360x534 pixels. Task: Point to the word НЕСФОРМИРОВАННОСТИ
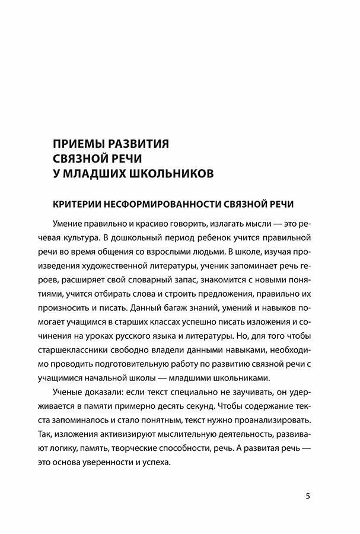pos(154,204)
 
